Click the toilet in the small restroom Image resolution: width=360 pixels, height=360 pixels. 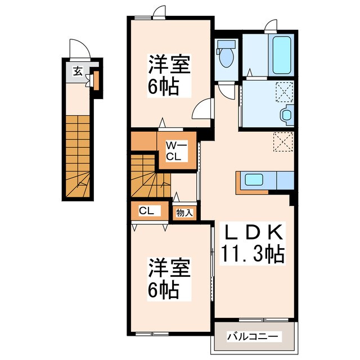click(226, 54)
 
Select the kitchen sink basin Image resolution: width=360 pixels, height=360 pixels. click(254, 179)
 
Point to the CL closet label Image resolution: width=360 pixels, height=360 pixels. click(146, 211)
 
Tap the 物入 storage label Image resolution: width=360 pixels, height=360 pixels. click(184, 213)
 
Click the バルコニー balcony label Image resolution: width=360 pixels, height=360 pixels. click(253, 337)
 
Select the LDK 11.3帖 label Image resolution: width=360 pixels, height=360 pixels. click(253, 244)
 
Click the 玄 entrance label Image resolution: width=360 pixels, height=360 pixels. click(78, 71)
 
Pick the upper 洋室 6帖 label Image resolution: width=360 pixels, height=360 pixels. click(169, 75)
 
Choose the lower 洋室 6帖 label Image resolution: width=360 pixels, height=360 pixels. click(169, 279)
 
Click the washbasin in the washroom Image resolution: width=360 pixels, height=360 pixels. click(287, 115)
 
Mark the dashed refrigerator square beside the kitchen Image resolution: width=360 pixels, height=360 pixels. click(283, 142)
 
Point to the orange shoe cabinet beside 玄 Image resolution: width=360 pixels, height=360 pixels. click(96, 81)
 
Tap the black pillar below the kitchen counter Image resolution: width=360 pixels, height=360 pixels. click(291, 199)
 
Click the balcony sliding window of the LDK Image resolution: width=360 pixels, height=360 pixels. click(264, 320)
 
